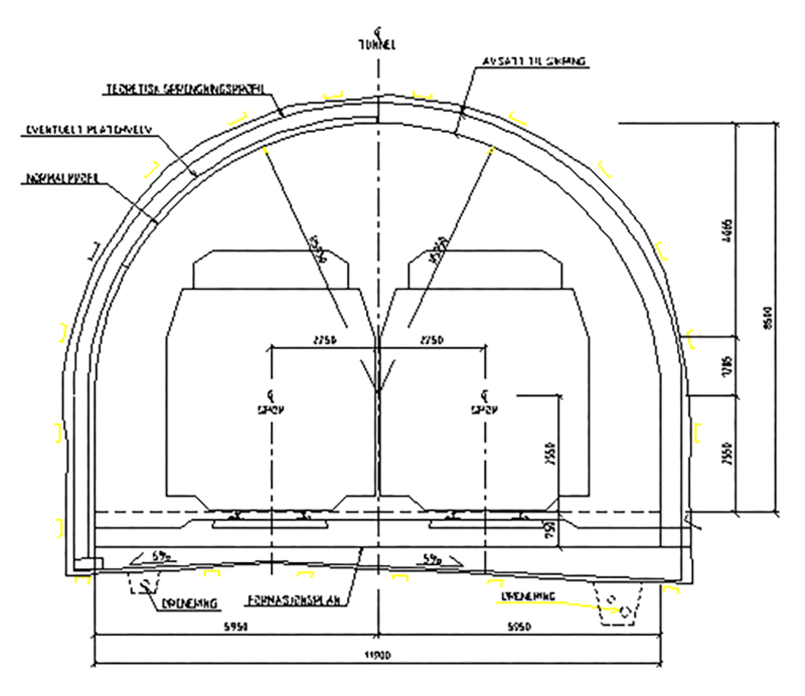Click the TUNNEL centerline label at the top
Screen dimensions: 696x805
(377, 45)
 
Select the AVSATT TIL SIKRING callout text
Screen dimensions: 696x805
(534, 61)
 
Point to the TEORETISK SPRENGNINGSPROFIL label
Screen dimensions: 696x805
(184, 90)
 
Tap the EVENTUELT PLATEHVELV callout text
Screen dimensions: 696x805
(89, 130)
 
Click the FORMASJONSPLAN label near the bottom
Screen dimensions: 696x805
(294, 600)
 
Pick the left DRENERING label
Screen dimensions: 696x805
(189, 603)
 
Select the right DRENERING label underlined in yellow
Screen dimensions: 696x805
(528, 596)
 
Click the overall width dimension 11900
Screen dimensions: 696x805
(377, 655)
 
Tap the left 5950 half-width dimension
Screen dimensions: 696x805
(235, 627)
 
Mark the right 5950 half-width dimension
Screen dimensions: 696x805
(519, 627)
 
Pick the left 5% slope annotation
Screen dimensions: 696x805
(161, 557)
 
